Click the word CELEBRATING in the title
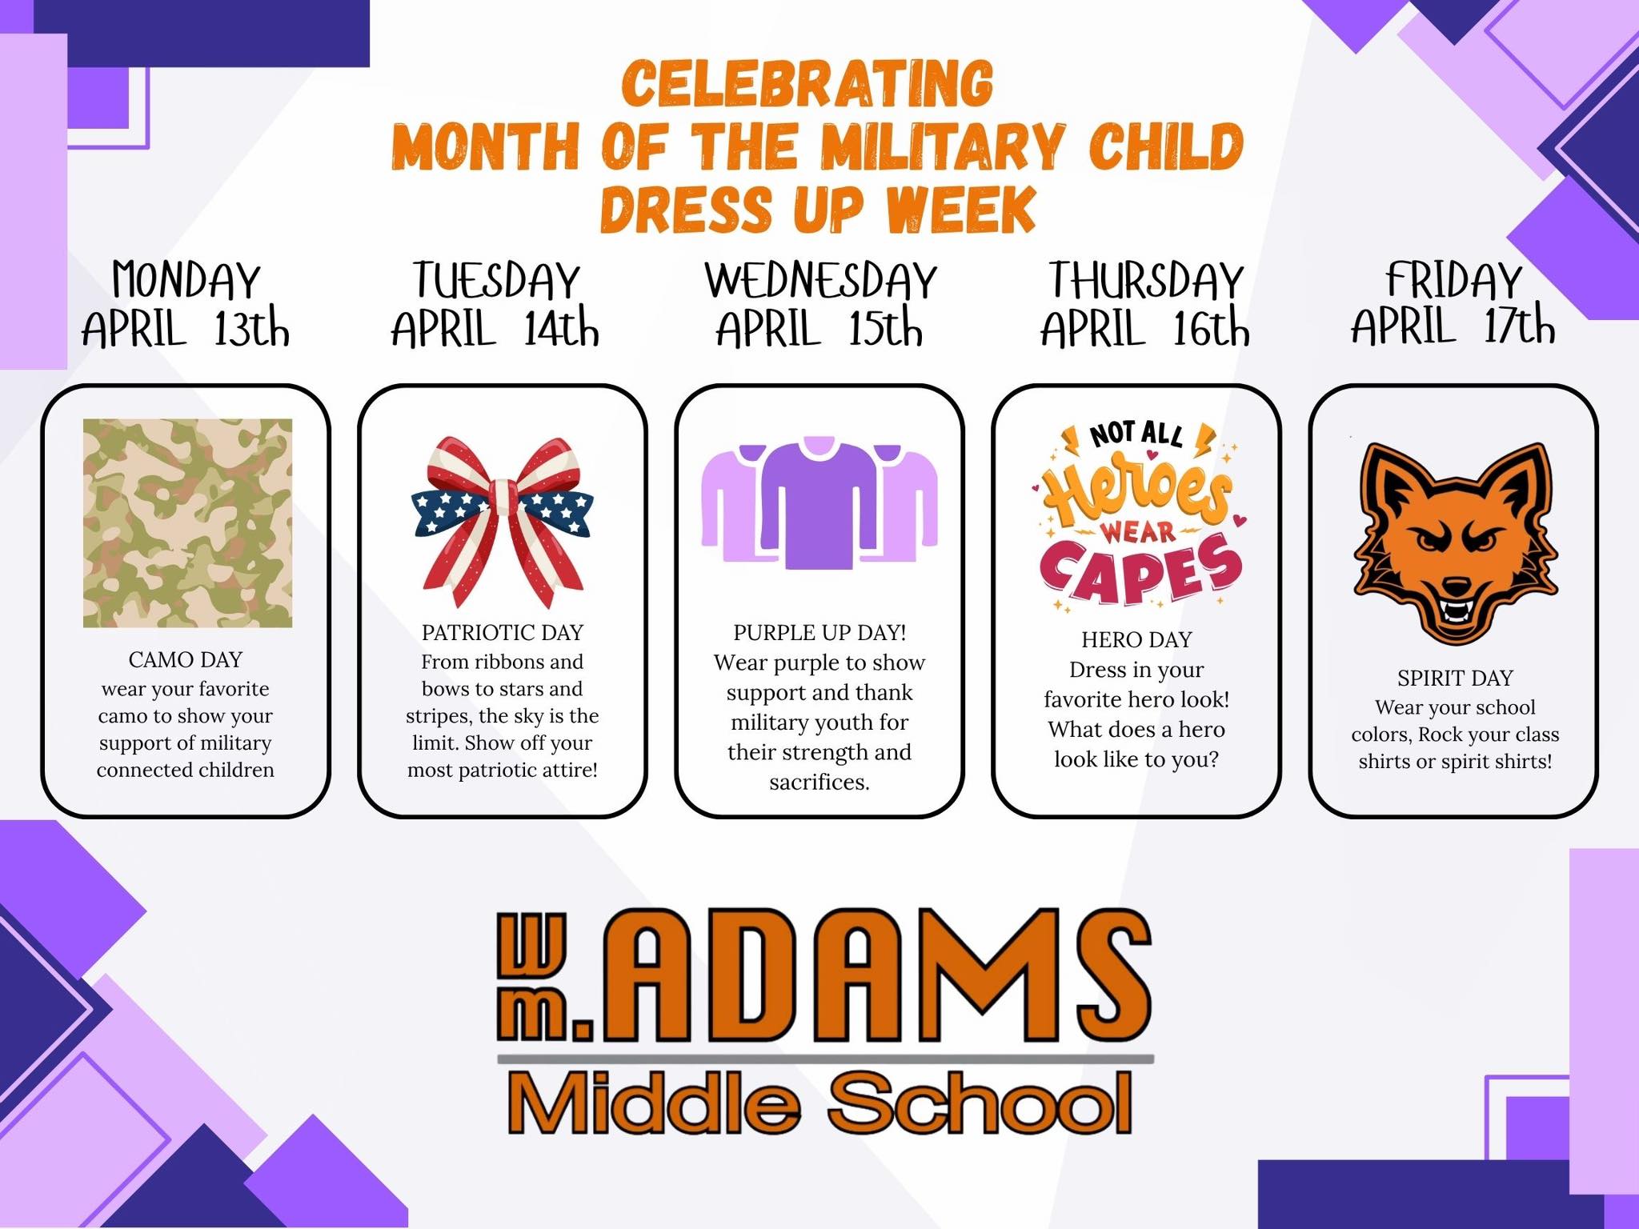(807, 83)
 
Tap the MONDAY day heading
(186, 280)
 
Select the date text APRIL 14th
(495, 328)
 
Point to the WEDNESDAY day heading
(820, 280)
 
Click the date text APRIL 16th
(1144, 328)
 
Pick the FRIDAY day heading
(1453, 280)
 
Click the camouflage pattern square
(187, 522)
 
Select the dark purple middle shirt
(819, 504)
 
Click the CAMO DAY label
(185, 659)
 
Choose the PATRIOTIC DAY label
(503, 633)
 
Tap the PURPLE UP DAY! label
(819, 633)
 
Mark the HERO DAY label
(1136, 640)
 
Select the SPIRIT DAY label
(1455, 679)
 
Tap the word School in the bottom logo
(980, 1104)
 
